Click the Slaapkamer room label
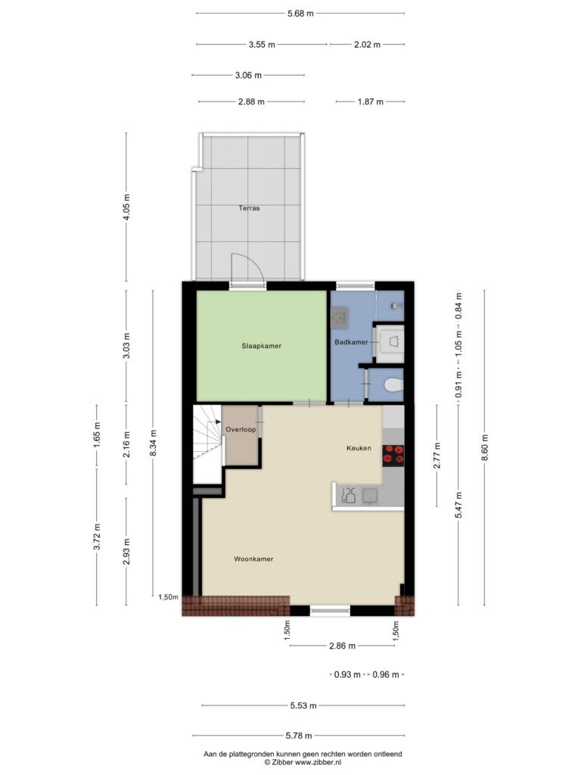coord(261,346)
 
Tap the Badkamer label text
coord(351,342)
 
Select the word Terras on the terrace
coord(249,208)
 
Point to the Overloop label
coord(241,430)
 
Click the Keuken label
coord(359,448)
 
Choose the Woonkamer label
coord(253,559)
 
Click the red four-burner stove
coord(393,456)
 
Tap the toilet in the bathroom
coord(394,385)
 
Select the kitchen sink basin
coord(370,496)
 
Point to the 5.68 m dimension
coord(300,14)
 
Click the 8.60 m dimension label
coord(485,448)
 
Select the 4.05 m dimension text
coord(126,207)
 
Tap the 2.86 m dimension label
coord(343,646)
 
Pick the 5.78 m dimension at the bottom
coord(299,736)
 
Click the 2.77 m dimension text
coord(437,456)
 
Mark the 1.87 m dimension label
coord(371,102)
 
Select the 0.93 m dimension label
coord(347,674)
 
